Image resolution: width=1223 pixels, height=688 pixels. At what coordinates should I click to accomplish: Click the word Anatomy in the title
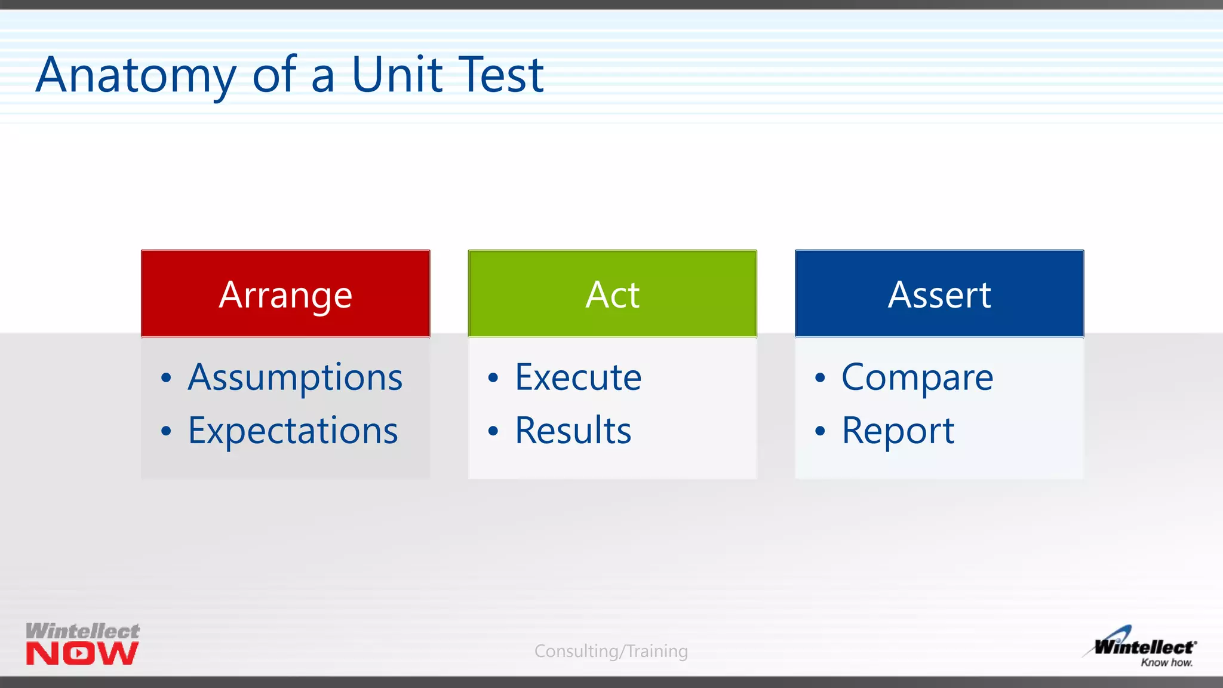tap(136, 75)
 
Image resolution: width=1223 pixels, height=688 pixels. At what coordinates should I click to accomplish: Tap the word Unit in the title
tap(397, 75)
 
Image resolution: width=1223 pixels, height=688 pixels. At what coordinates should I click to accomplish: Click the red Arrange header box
tap(285, 294)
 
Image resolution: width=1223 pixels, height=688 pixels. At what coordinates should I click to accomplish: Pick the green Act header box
tap(612, 294)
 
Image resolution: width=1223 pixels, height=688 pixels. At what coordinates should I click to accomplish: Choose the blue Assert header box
tap(939, 294)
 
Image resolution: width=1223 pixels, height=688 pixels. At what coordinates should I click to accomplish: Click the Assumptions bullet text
tap(295, 377)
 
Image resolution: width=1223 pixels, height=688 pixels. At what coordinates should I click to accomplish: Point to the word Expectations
tap(293, 431)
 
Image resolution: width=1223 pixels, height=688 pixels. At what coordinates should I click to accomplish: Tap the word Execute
tap(578, 377)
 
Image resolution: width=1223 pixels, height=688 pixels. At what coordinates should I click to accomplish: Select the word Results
tap(573, 431)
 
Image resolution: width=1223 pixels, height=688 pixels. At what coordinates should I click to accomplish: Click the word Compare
tap(917, 377)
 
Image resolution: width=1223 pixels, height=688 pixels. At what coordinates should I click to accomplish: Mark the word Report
tap(898, 431)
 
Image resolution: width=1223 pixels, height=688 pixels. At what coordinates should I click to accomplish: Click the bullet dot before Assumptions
tap(166, 378)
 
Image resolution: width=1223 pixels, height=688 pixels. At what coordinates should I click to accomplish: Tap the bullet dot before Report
tap(820, 431)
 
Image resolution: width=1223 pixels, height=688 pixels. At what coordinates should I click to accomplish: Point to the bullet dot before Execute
tap(493, 378)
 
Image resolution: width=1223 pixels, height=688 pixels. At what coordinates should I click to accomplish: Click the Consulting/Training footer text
tap(611, 651)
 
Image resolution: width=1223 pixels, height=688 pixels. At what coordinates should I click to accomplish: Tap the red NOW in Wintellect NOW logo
tap(82, 653)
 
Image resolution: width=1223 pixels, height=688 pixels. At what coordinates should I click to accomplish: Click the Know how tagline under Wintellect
tap(1166, 662)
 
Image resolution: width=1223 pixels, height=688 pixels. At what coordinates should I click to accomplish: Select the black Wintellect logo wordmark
tap(1144, 647)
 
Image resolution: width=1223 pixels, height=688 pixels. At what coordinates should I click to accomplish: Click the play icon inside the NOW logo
tap(79, 653)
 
